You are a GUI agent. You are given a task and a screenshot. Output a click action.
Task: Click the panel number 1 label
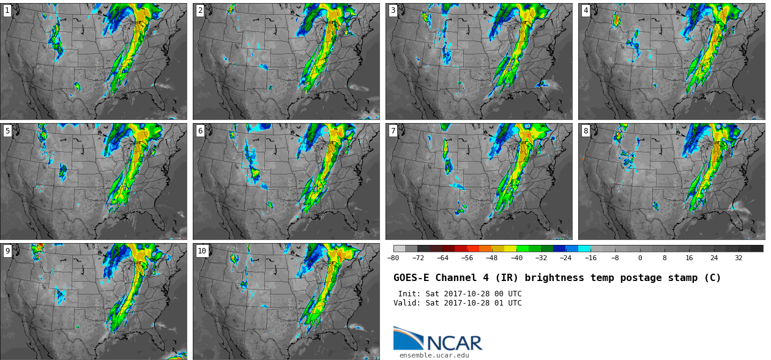(x=7, y=10)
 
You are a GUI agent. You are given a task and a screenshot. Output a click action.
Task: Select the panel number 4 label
(x=586, y=10)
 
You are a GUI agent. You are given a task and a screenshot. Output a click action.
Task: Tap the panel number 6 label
(x=200, y=131)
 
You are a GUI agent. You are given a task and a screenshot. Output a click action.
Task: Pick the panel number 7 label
(x=393, y=131)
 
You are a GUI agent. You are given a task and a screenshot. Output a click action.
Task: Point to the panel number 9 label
(x=7, y=251)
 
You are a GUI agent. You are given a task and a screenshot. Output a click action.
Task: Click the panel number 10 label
(x=202, y=251)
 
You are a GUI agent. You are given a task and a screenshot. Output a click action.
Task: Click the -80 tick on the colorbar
(x=393, y=258)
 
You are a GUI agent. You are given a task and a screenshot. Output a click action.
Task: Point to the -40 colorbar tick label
(x=516, y=258)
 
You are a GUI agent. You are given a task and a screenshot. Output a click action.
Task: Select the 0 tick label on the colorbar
(x=640, y=258)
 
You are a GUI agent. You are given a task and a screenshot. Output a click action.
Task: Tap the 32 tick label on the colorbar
(x=739, y=258)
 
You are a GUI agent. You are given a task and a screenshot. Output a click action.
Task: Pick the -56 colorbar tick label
(x=467, y=258)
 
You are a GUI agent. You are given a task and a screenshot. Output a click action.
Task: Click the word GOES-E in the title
(x=412, y=278)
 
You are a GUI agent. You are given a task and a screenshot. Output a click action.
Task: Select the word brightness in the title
(x=554, y=278)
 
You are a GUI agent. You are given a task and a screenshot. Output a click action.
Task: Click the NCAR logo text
(x=455, y=343)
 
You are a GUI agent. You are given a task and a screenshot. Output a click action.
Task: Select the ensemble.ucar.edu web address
(x=434, y=355)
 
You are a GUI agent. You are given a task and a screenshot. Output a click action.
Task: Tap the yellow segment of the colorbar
(x=510, y=249)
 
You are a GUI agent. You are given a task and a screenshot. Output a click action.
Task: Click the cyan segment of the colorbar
(x=584, y=249)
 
